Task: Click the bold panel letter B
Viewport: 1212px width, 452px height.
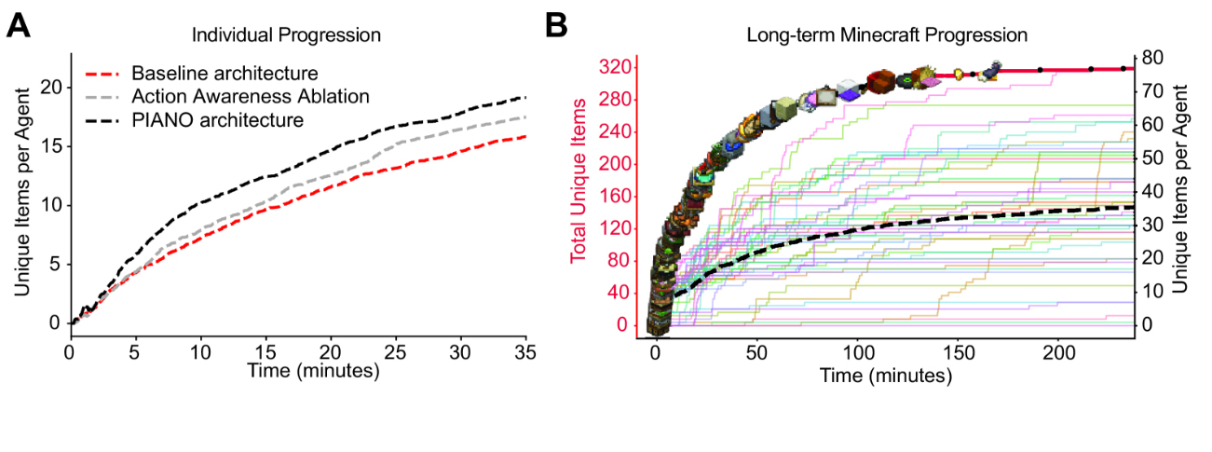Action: point(555,26)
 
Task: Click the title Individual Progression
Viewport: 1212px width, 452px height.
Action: point(286,35)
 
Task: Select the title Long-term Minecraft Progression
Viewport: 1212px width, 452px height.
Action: point(886,35)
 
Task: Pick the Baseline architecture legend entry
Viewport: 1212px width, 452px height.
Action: point(225,73)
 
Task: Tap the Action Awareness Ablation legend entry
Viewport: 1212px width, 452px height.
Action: point(251,96)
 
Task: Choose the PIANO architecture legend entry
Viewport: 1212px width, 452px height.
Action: point(217,119)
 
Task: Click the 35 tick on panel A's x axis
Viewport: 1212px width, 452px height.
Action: point(526,354)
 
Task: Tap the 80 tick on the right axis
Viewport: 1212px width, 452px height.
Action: point(1152,58)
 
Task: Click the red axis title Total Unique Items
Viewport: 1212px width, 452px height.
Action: point(579,181)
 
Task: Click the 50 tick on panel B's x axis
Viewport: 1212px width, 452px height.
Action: point(756,355)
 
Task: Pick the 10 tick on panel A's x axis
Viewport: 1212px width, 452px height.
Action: point(200,354)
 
